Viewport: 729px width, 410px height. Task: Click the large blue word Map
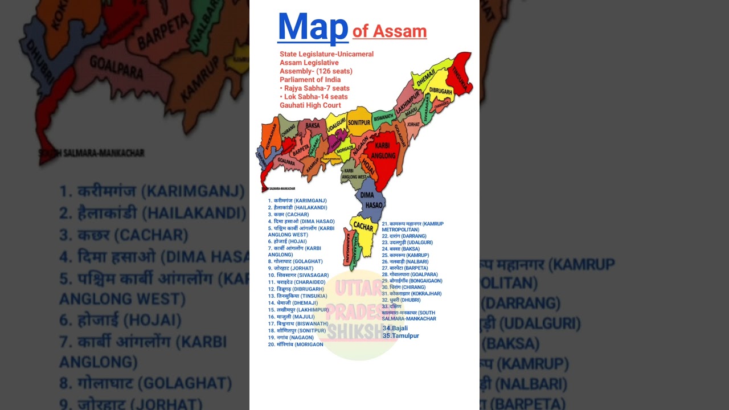tap(313, 27)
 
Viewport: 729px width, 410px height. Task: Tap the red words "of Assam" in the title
tap(390, 31)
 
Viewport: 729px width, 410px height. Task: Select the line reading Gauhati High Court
tap(310, 105)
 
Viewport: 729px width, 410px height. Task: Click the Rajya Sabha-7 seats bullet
tap(314, 88)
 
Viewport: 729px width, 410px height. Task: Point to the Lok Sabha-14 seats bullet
tap(313, 97)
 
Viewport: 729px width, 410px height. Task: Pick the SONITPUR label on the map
tap(359, 122)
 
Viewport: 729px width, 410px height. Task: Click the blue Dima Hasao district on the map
tap(372, 200)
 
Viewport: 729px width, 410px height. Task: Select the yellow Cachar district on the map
tap(363, 227)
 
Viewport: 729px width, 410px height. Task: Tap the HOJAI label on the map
tap(368, 166)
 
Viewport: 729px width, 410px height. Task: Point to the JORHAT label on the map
tap(413, 124)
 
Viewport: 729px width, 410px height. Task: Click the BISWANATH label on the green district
tap(383, 117)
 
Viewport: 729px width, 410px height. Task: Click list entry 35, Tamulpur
tap(400, 336)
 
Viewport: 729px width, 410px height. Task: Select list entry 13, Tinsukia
tap(297, 296)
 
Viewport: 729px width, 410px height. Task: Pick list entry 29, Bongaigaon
tap(412, 281)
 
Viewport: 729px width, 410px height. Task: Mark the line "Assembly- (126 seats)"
tap(316, 71)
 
